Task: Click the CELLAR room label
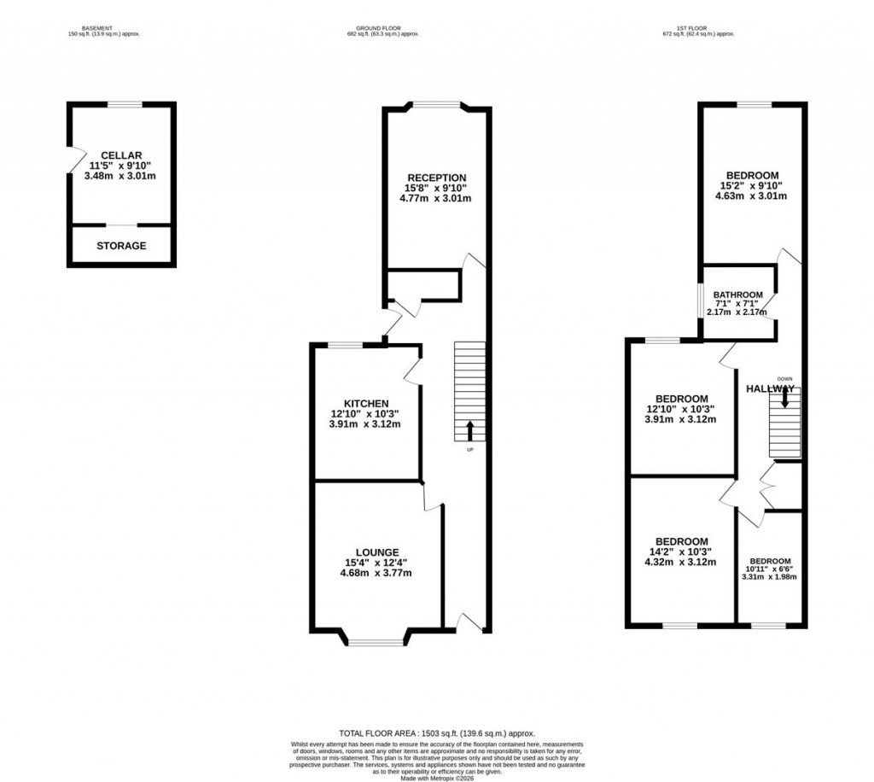pos(120,155)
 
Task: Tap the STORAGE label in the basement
pos(120,246)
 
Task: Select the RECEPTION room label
pos(435,178)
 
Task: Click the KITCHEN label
pos(366,404)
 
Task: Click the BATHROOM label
pos(737,295)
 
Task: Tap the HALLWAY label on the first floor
pos(771,388)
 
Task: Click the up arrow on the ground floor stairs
pos(469,429)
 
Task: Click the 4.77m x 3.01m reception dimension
pos(435,198)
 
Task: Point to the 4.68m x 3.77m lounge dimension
pos(376,573)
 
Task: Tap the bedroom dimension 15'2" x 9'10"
pos(752,186)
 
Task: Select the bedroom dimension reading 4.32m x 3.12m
pos(681,562)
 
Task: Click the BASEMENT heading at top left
pos(102,27)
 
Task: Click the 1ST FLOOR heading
pos(698,27)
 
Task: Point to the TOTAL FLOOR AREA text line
pos(436,732)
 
